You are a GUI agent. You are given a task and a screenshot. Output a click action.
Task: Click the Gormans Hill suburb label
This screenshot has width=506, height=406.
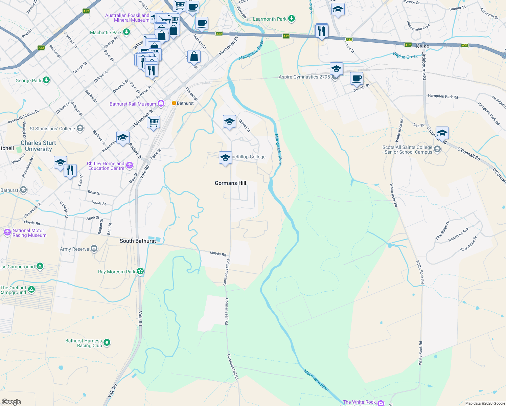[x=230, y=183]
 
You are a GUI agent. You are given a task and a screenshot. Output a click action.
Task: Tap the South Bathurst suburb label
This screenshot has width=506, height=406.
[x=138, y=241]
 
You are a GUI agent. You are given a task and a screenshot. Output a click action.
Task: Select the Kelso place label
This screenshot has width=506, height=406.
[x=422, y=46]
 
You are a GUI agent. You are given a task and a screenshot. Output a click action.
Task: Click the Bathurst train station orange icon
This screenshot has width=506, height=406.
[x=174, y=103]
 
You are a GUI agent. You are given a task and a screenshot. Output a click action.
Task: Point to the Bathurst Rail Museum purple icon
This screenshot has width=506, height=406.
[x=161, y=104]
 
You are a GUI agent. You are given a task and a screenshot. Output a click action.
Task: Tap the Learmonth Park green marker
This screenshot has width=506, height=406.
[x=292, y=19]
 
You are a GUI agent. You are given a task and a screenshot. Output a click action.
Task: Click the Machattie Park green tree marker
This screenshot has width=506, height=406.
[x=127, y=32]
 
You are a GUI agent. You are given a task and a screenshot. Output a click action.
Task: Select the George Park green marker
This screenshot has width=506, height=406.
[x=46, y=80]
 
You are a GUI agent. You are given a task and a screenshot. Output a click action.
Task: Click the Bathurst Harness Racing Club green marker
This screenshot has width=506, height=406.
[x=107, y=343]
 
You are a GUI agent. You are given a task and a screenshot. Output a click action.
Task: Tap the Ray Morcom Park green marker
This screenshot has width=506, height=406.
[x=140, y=271]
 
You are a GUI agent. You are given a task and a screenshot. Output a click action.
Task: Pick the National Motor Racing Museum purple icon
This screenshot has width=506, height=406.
[x=7, y=232]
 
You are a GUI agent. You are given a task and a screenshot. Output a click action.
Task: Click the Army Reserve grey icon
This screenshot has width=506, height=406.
[x=94, y=249]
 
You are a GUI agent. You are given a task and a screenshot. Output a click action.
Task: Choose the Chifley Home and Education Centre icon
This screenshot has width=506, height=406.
[x=130, y=165]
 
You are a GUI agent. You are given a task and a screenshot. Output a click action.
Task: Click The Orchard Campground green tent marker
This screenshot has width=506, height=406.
[x=31, y=289]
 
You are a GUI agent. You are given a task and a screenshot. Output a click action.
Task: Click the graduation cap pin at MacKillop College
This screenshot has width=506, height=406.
[x=225, y=158]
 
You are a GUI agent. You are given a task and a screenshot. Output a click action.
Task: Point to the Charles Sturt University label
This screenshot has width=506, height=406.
[x=38, y=146]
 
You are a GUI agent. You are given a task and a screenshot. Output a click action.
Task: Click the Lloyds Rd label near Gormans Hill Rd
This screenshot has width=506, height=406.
[x=218, y=253]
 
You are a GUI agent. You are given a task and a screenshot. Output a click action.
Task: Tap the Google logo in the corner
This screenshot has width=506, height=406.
[x=11, y=402]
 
